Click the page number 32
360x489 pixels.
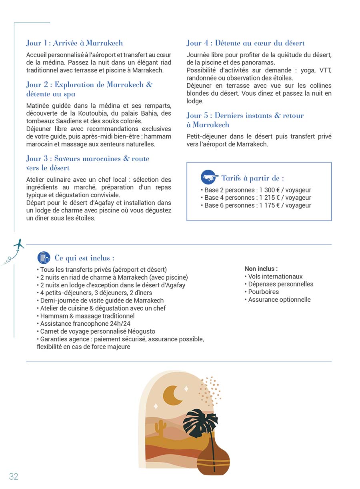pyautogui.click(x=14, y=476)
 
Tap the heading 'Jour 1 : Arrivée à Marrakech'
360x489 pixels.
pyautogui.click(x=74, y=43)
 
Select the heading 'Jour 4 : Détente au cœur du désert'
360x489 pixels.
pyautogui.click(x=246, y=43)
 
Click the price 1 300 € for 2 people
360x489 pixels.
pyautogui.click(x=270, y=190)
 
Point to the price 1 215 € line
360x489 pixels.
pyautogui.click(x=256, y=198)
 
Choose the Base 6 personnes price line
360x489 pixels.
pyautogui.click(x=256, y=205)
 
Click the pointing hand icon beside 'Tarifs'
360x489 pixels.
pyautogui.click(x=210, y=177)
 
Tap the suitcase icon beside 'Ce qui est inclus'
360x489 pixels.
pyautogui.click(x=44, y=257)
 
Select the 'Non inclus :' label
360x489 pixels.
pyautogui.click(x=261, y=269)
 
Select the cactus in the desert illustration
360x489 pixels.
pyautogui.click(x=160, y=428)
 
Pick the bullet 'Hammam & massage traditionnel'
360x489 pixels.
pyautogui.click(x=87, y=316)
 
